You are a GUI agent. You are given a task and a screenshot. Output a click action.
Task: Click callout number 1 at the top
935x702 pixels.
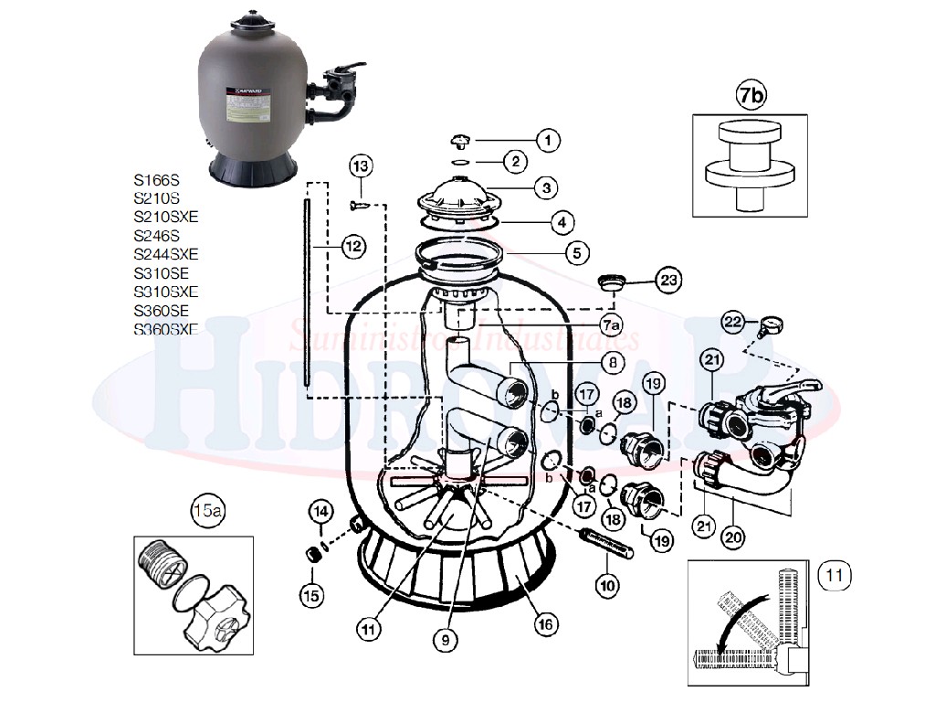click(547, 140)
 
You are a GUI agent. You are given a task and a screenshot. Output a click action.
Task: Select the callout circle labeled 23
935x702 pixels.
click(670, 281)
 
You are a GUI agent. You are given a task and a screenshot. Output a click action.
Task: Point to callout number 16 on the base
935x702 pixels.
click(544, 624)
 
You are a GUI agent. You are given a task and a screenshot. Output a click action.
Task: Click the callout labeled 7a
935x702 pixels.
click(612, 324)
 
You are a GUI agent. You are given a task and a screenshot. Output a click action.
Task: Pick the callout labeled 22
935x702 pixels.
click(731, 321)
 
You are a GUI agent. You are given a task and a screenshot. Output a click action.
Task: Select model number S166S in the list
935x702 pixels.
click(156, 179)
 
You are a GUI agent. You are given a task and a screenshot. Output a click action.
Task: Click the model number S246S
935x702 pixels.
click(156, 235)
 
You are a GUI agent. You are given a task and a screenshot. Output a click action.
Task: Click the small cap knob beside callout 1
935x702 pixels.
click(463, 141)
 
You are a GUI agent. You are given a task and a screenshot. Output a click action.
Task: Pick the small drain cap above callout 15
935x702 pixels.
click(312, 555)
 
